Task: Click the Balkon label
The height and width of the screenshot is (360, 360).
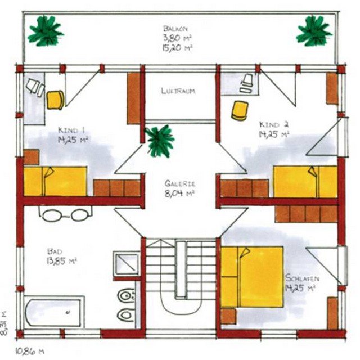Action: (175, 29)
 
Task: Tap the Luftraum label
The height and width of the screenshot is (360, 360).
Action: (178, 91)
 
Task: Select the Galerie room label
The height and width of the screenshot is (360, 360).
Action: (180, 183)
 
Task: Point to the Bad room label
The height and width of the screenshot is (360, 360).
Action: (55, 251)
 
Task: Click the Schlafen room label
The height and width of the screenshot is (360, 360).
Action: (303, 278)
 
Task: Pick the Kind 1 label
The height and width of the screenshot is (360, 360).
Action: (71, 130)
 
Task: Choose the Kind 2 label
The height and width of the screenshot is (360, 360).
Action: (274, 124)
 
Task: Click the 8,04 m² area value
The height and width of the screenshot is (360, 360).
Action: (179, 193)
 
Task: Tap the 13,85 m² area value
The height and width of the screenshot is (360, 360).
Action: (61, 261)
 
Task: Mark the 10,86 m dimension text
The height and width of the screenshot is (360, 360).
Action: (30, 351)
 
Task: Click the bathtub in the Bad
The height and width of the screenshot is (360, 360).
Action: (54, 311)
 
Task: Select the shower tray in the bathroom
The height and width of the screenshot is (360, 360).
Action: (126, 264)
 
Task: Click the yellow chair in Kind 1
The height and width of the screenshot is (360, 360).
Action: (55, 100)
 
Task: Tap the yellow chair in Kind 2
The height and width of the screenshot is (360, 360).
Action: (240, 111)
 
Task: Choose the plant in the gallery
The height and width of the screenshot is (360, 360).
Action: (160, 141)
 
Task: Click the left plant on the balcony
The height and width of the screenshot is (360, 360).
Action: (46, 31)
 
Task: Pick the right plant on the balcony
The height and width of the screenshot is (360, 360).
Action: (314, 31)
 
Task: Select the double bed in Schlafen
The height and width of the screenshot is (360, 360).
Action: (252, 277)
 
